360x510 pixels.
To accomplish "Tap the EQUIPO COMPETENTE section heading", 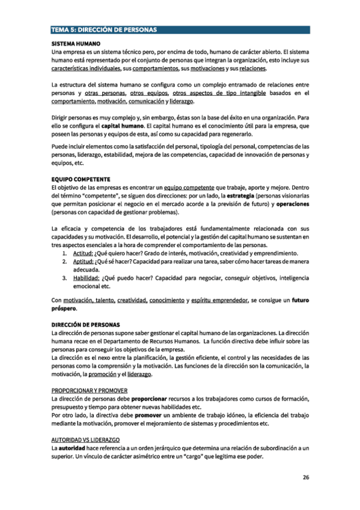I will (81, 179).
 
